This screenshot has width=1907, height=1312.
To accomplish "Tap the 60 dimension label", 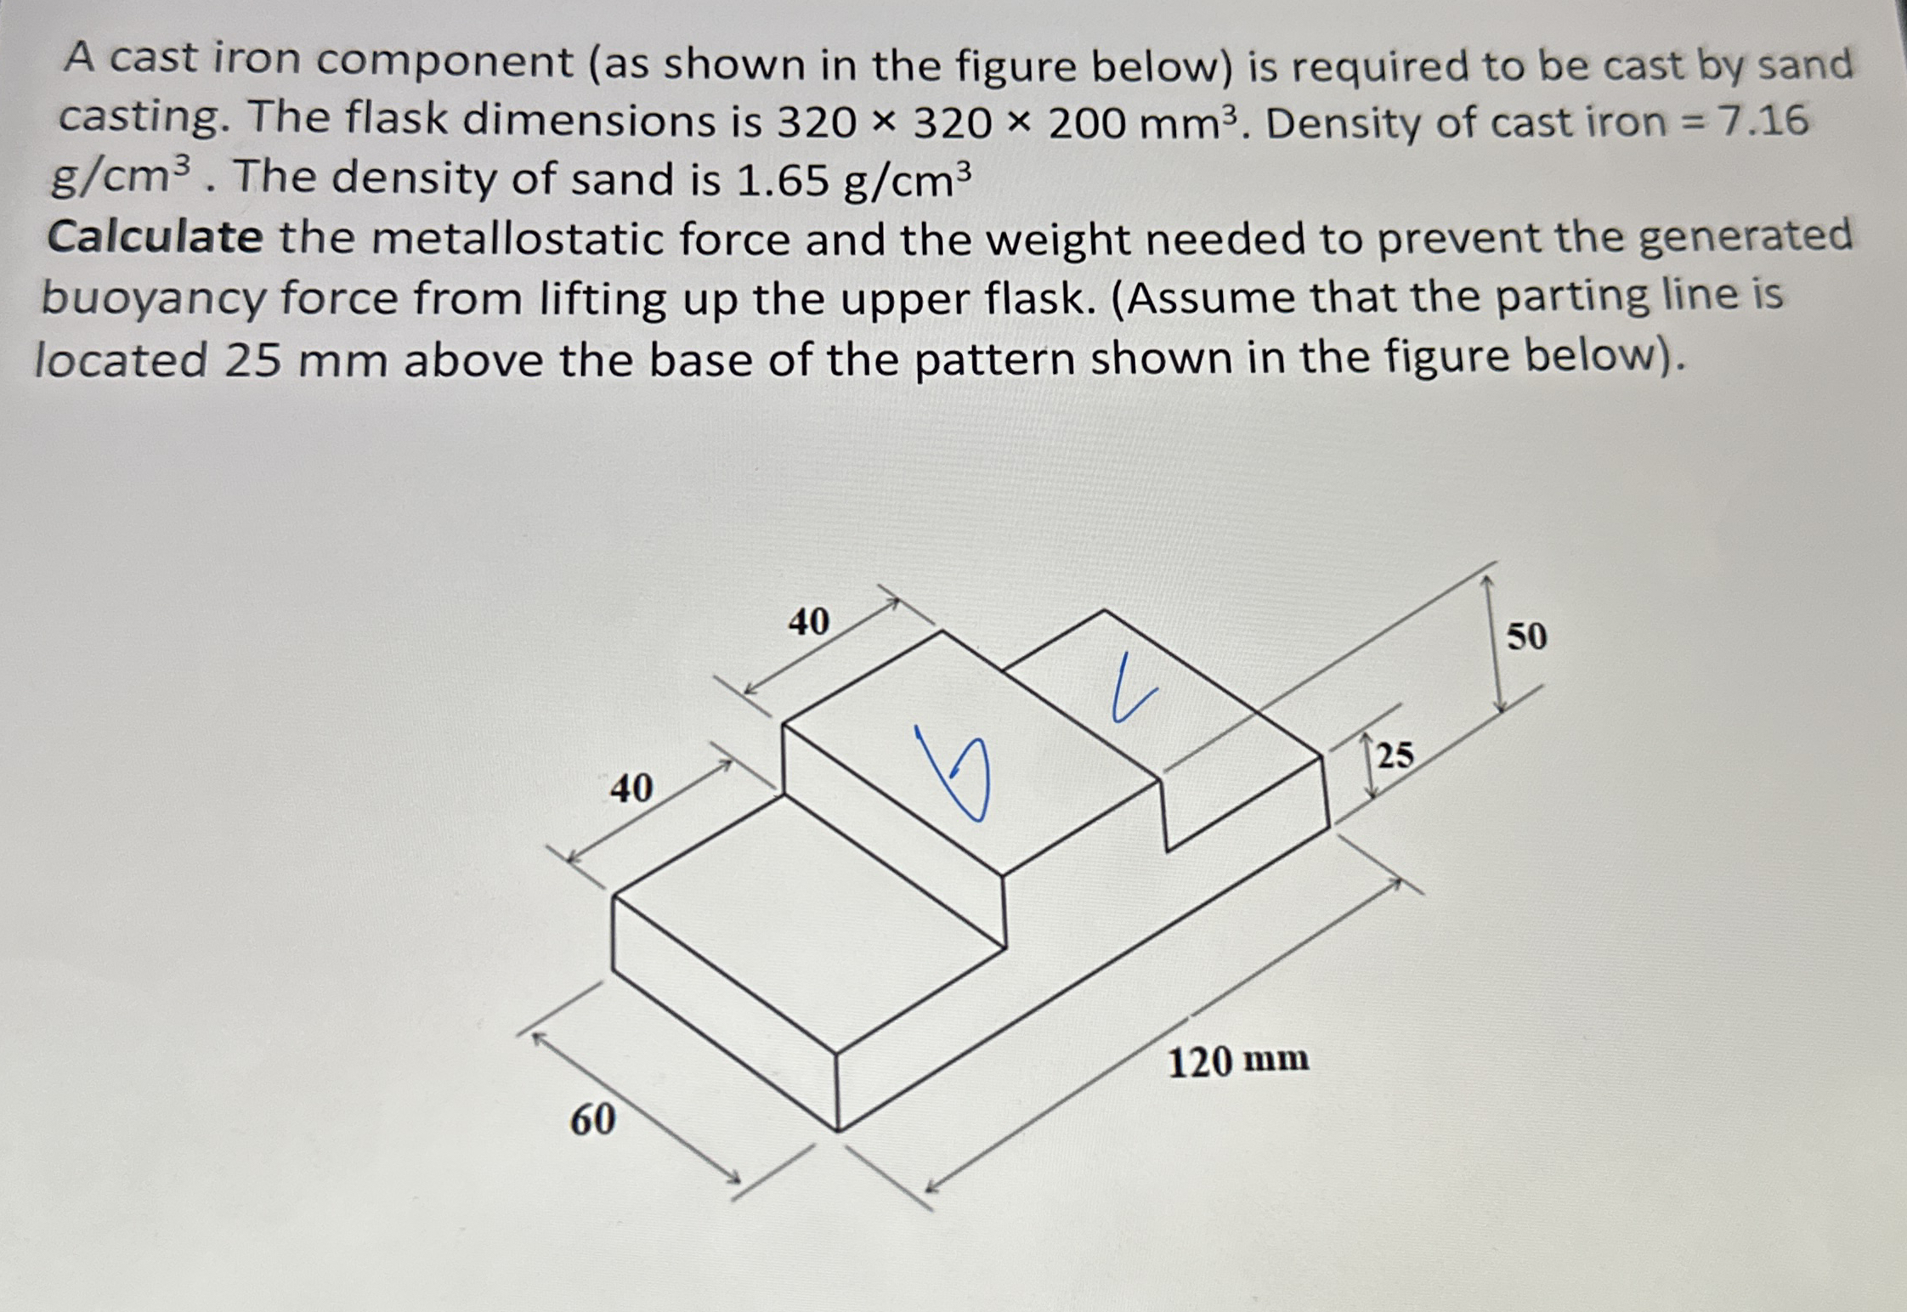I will pyautogui.click(x=592, y=1120).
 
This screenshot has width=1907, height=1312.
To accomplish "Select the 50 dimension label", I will pyautogui.click(x=1526, y=636).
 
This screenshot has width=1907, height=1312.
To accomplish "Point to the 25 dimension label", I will pyautogui.click(x=1395, y=755).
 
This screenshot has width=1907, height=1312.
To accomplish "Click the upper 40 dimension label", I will pyautogui.click(x=808, y=622).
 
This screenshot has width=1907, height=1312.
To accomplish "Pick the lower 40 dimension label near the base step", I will pyautogui.click(x=631, y=789).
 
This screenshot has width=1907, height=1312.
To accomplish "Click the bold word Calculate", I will pyautogui.click(x=155, y=237).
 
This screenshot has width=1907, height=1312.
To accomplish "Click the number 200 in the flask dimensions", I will pyautogui.click(x=1089, y=123).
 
